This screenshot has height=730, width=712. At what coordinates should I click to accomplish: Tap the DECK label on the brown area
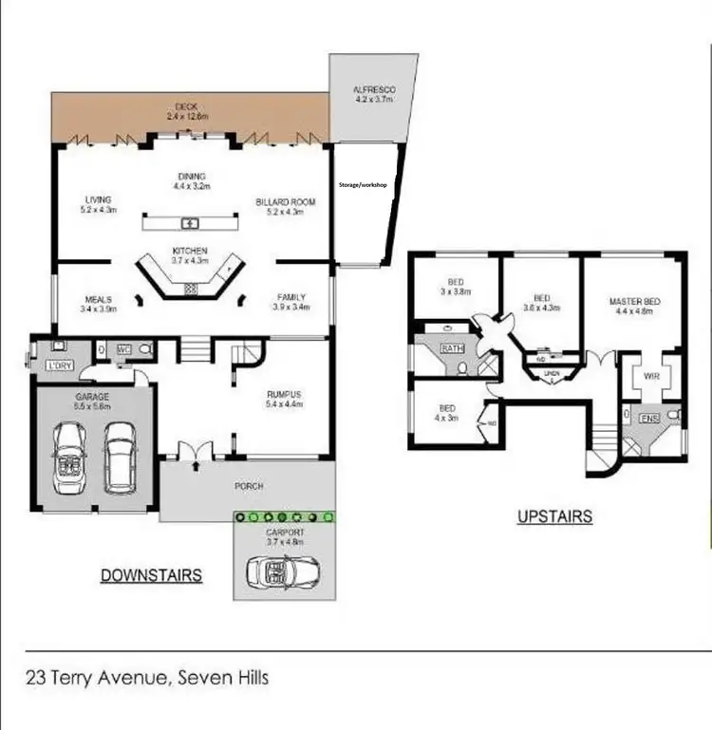(x=187, y=107)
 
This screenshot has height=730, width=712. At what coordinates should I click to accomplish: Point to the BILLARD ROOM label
(x=286, y=202)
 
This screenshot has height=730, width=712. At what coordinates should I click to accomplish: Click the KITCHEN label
(x=190, y=251)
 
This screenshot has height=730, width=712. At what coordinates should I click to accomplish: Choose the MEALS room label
(x=98, y=300)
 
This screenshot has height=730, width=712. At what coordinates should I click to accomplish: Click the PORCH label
(x=248, y=487)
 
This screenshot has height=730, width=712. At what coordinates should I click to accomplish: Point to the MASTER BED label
(x=634, y=302)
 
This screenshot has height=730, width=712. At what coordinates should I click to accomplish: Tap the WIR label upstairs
(x=650, y=376)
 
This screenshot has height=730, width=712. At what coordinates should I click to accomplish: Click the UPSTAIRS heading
(x=554, y=516)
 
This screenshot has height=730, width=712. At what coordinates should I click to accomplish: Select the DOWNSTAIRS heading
(x=150, y=575)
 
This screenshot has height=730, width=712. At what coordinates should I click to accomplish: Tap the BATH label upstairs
(x=450, y=347)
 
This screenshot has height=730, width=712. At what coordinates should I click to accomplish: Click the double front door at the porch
(x=195, y=453)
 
